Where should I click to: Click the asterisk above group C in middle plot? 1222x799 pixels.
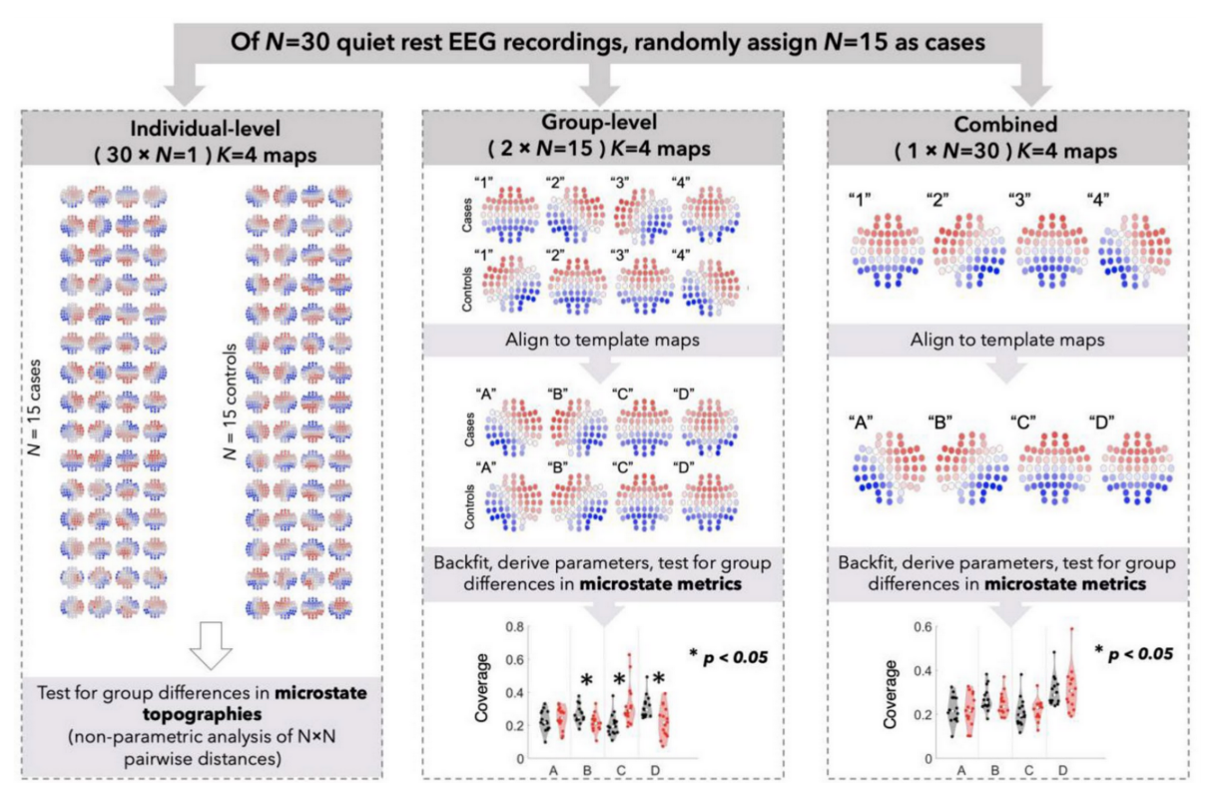(618, 679)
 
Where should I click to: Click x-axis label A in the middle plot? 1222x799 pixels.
(552, 771)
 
